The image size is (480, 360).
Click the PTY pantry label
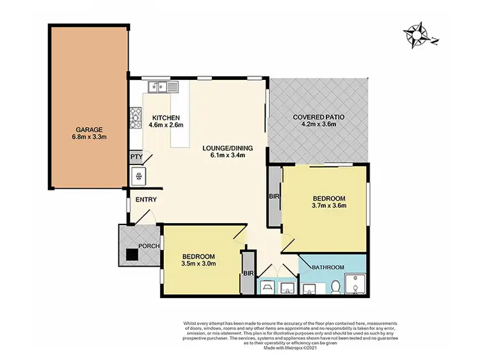[136, 157]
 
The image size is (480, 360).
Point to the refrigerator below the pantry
[136, 176]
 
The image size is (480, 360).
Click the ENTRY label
[147, 200]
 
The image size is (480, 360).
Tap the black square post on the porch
[131, 254]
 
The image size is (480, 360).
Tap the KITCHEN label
[165, 117]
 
